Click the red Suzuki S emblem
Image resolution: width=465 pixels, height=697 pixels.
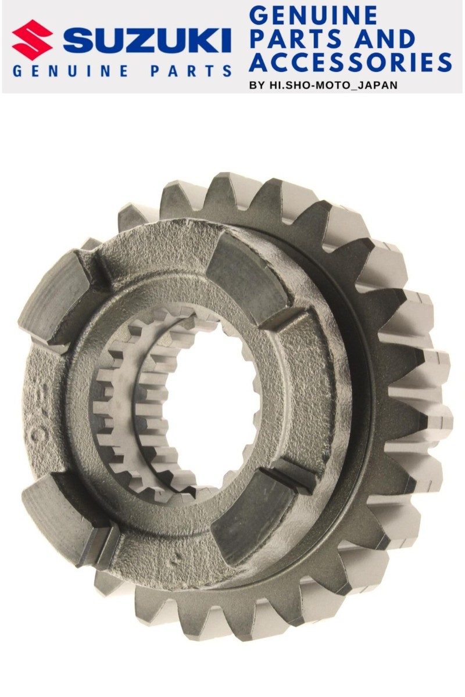point(32,40)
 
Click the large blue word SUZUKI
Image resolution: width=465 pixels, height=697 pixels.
point(147,40)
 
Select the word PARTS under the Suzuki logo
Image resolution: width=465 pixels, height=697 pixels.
point(191,71)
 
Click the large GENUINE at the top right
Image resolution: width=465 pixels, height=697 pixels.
point(313,16)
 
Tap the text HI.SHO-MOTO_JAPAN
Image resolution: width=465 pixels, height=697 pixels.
point(333,85)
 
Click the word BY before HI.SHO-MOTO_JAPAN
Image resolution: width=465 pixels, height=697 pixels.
point(257,85)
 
